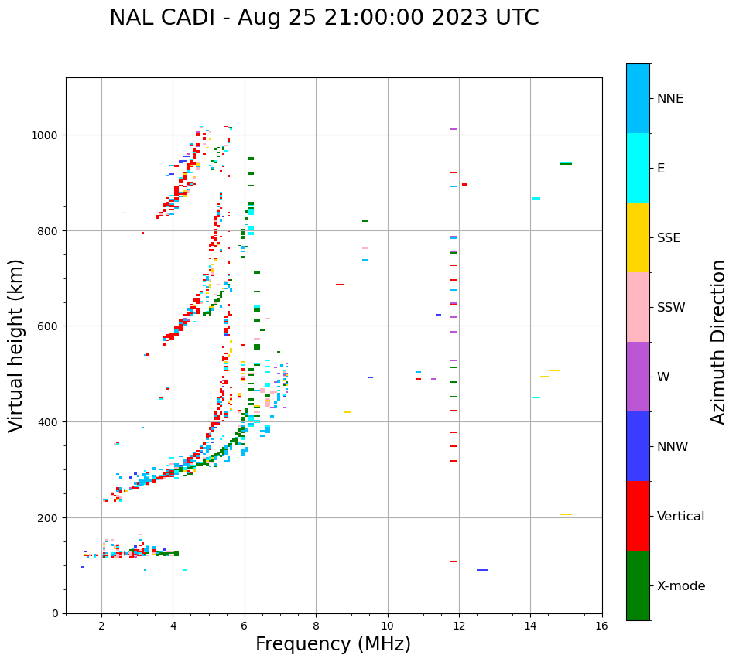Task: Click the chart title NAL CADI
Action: coord(323,18)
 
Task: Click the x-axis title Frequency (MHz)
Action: coord(333,644)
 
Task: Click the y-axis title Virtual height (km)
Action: coord(17,346)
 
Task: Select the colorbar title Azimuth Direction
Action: coord(719,342)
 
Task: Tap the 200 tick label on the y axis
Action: coord(50,517)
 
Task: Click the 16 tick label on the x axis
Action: coord(602,626)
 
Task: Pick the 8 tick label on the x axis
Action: coord(316,626)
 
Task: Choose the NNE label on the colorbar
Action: coord(670,99)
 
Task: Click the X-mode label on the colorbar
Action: coord(681,586)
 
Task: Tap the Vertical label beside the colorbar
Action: coord(681,517)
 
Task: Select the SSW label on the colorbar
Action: coord(671,308)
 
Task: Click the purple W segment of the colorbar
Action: coord(638,377)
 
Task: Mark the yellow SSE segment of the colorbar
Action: coord(638,237)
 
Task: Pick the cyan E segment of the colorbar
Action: coord(638,168)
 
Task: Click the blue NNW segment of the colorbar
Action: coord(638,446)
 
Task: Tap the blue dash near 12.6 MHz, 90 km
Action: coord(482,570)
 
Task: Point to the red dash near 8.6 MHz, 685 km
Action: coord(340,285)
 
